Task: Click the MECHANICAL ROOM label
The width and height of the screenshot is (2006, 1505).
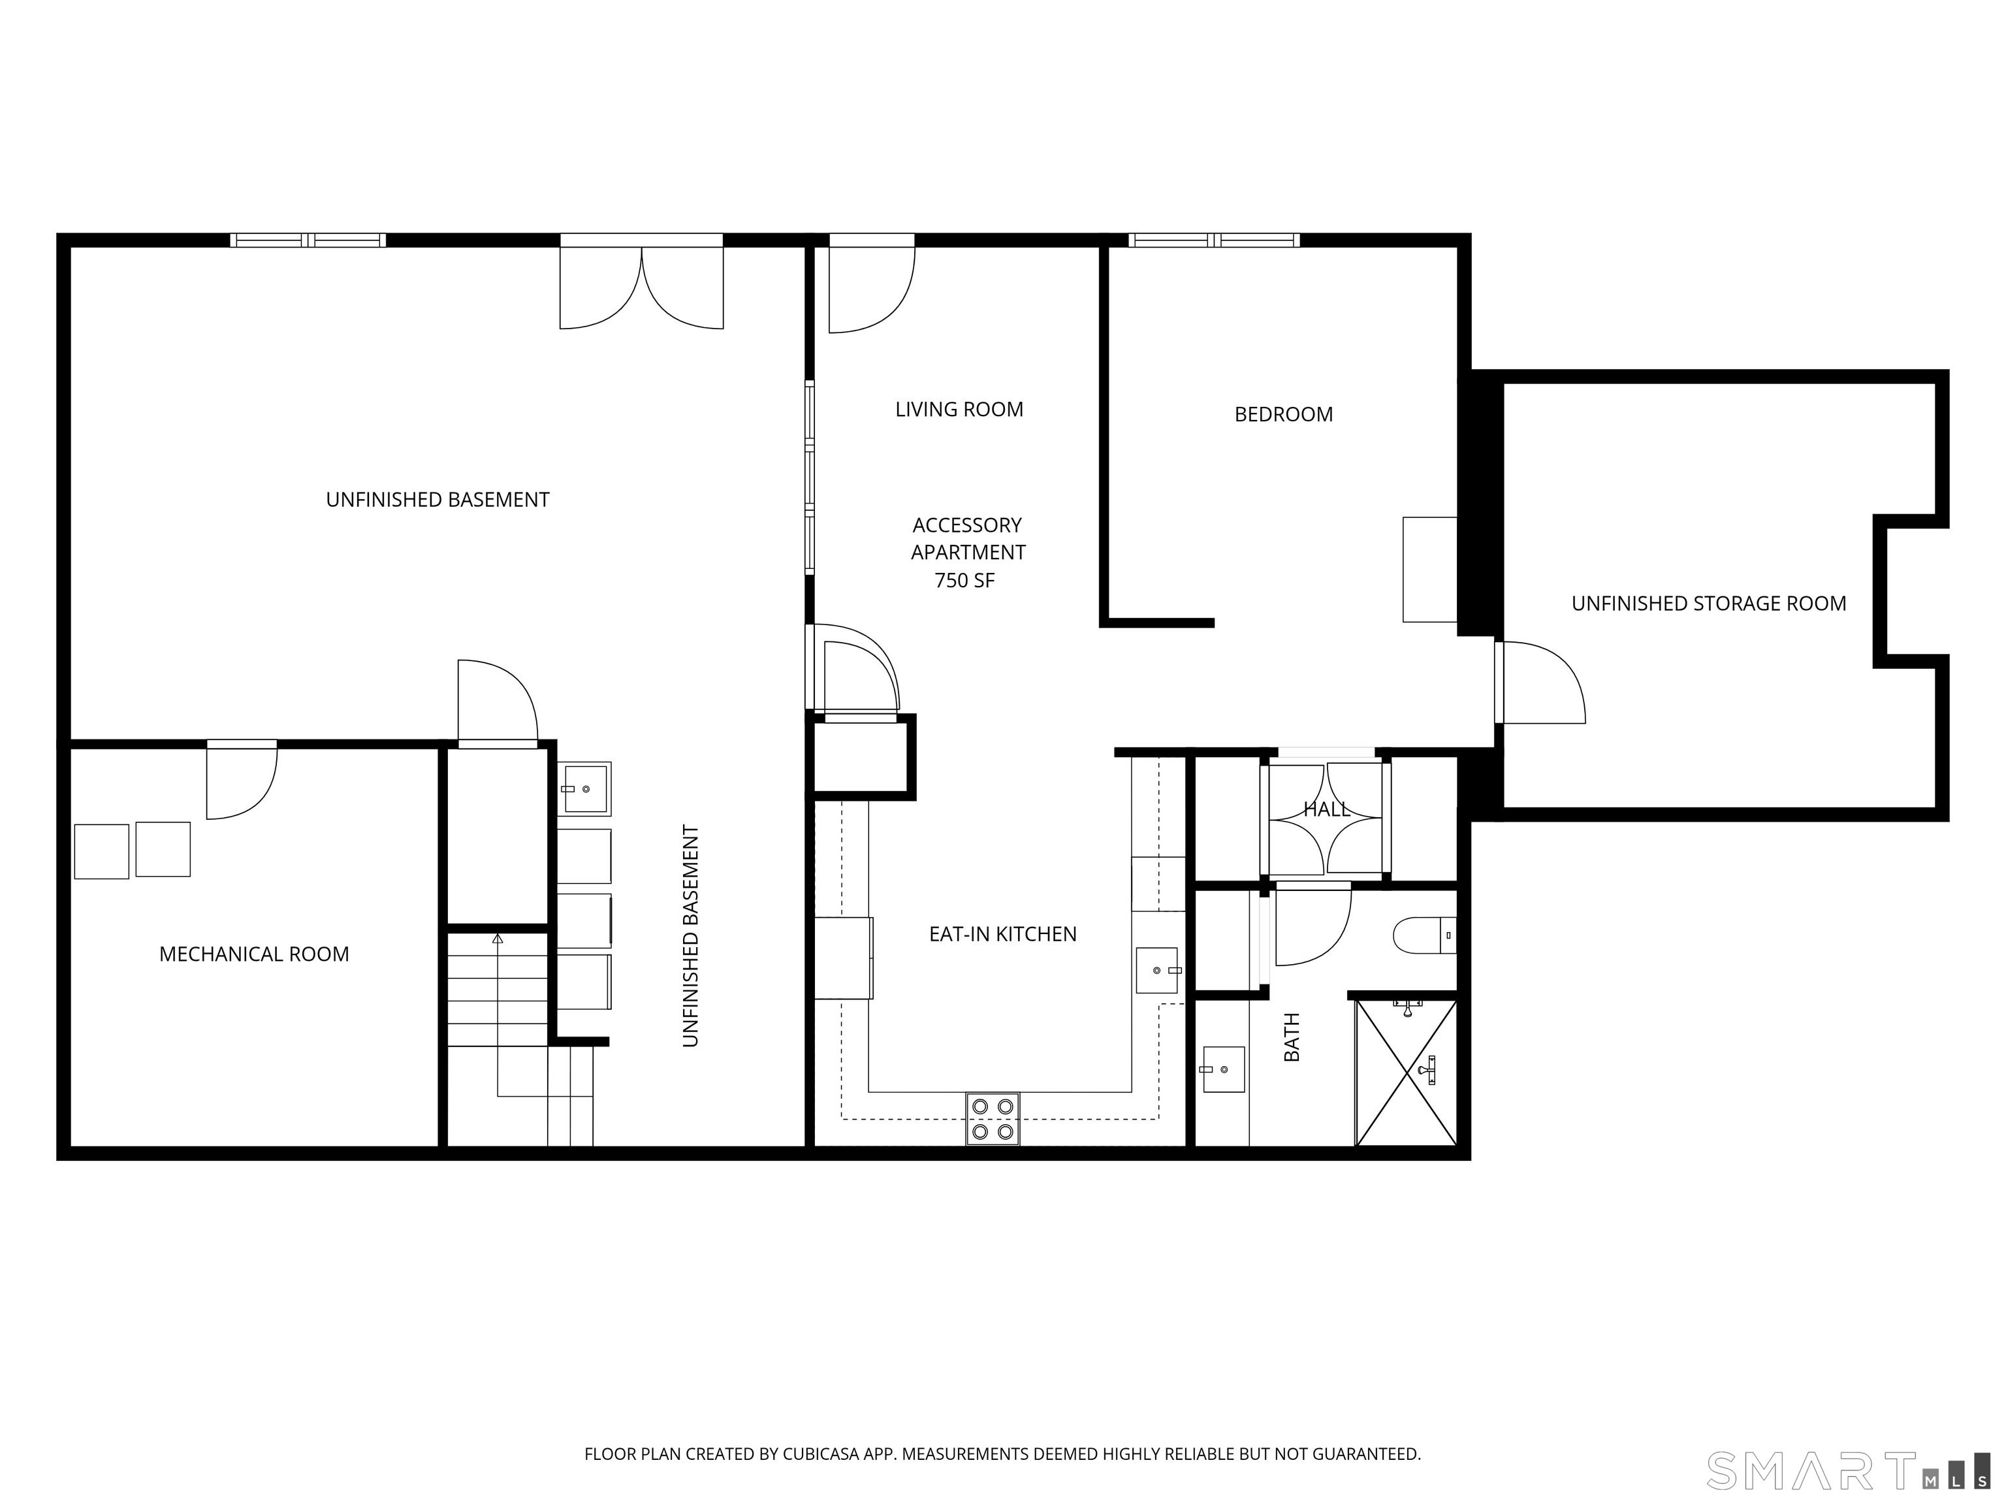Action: (254, 954)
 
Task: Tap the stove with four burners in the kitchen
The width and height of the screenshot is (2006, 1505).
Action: (992, 1118)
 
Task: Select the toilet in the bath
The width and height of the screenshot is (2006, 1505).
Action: (1423, 935)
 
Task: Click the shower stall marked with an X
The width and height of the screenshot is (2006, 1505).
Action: (1406, 1073)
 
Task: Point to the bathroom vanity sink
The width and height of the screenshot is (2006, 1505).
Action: (1222, 1069)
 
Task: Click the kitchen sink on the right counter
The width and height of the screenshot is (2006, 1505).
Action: (1157, 970)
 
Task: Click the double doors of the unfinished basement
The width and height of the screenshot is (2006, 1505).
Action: (641, 285)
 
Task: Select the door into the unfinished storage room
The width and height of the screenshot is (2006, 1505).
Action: (1539, 682)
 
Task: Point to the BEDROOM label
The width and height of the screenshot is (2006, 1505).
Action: (1283, 415)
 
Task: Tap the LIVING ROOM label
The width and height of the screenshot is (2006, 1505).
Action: (959, 410)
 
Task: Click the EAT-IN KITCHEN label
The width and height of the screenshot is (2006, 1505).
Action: (1002, 934)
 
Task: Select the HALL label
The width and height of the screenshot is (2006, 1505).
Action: (1326, 809)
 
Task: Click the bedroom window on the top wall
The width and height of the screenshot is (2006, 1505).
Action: (1213, 240)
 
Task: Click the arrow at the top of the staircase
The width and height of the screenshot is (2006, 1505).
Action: (497, 939)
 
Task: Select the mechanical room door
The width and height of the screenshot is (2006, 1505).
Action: (241, 780)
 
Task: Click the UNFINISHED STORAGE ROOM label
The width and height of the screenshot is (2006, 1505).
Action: (1708, 604)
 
